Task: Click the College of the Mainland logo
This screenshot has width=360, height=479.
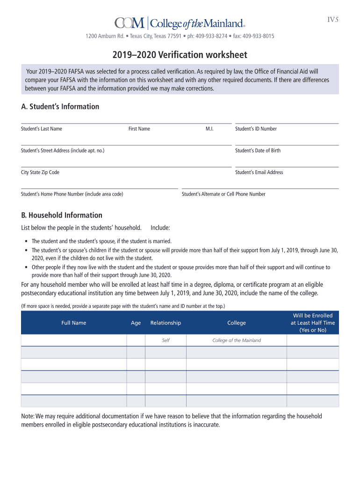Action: pyautogui.click(x=180, y=23)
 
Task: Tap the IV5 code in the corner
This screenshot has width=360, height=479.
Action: pyautogui.click(x=332, y=19)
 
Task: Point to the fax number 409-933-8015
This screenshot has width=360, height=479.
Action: pyautogui.click(x=256, y=36)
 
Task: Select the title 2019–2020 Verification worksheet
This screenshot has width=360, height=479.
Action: pyautogui.click(x=180, y=55)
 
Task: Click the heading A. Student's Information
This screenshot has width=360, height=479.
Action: pyautogui.click(x=60, y=107)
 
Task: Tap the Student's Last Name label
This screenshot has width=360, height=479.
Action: pyautogui.click(x=42, y=129)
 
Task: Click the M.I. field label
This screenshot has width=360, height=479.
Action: pyautogui.click(x=209, y=129)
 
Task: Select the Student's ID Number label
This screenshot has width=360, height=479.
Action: pyautogui.click(x=256, y=129)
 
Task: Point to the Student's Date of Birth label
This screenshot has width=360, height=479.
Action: pyautogui.click(x=258, y=151)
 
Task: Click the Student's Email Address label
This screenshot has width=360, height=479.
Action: pyautogui.click(x=259, y=172)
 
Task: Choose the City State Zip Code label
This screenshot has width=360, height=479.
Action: pyautogui.click(x=40, y=172)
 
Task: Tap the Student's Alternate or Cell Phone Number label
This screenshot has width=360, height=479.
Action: pyautogui.click(x=223, y=194)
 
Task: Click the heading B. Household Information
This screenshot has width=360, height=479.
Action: pyautogui.click(x=62, y=215)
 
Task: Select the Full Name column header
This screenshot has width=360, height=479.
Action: pyautogui.click(x=74, y=323)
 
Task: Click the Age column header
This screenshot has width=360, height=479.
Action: pyautogui.click(x=136, y=323)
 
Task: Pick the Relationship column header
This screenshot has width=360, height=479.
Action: pyautogui.click(x=166, y=323)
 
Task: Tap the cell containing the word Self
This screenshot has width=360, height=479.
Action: pyautogui.click(x=166, y=341)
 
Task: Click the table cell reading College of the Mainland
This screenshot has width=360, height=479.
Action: pyautogui.click(x=237, y=341)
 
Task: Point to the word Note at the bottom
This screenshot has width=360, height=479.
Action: pyautogui.click(x=28, y=416)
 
